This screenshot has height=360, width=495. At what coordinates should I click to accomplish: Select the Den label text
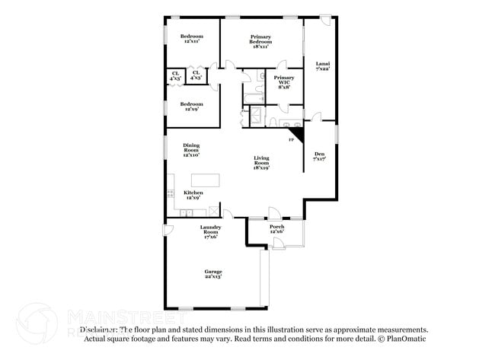(319, 155)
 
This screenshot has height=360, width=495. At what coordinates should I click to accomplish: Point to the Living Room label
(261, 161)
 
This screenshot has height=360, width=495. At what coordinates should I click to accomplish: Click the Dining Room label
(191, 148)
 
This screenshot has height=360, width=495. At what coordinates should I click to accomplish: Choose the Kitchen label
(193, 193)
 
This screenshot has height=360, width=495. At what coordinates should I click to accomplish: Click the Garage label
(212, 271)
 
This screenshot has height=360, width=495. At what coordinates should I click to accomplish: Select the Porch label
(277, 226)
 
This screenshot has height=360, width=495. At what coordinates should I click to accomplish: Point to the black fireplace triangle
(299, 134)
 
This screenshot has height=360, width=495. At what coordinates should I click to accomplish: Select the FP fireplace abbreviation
(291, 140)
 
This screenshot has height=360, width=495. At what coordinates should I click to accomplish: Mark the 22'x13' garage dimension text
(212, 276)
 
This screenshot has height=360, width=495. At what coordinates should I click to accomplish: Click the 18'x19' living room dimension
(261, 167)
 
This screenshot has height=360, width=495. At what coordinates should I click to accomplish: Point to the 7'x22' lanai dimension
(322, 69)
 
